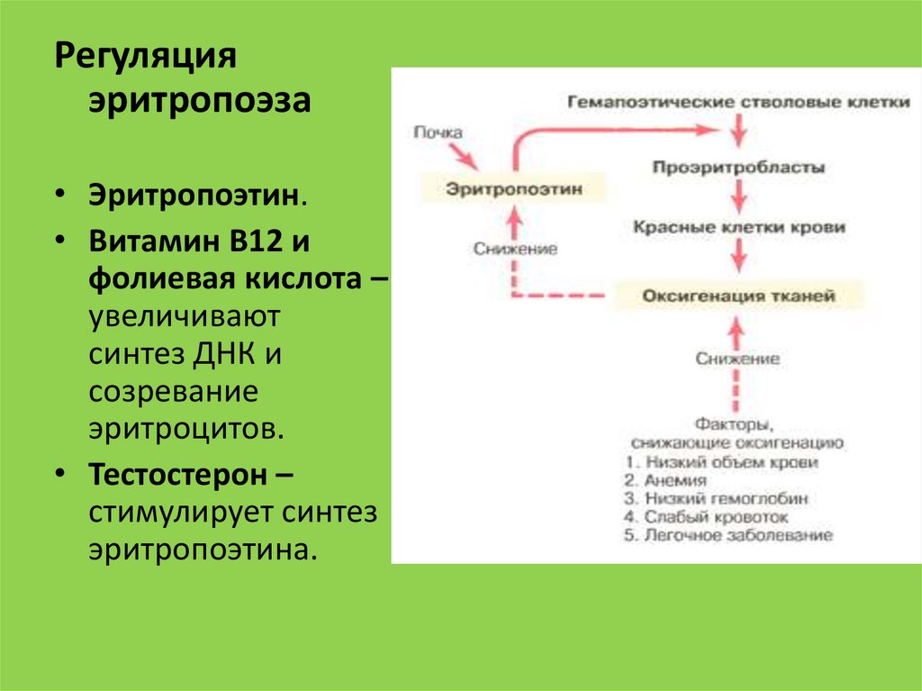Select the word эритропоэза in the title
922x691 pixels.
(199, 99)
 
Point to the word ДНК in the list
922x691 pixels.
(224, 355)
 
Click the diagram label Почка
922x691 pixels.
(438, 133)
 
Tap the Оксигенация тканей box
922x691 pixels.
(738, 295)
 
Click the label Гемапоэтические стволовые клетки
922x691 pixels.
(738, 102)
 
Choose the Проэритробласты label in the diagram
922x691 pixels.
(738, 168)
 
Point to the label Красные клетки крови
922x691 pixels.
(738, 228)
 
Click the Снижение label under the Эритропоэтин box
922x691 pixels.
(515, 249)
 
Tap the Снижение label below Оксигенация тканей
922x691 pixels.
(737, 359)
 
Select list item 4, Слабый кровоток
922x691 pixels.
(707, 517)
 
